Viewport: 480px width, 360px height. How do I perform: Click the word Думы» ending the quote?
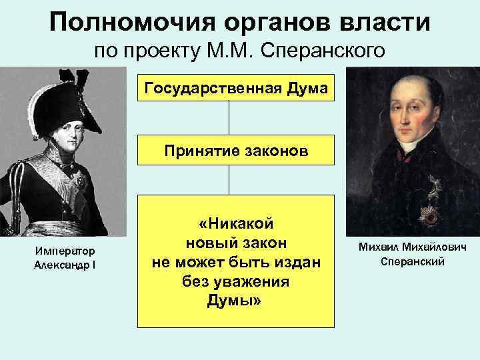pyautogui.click(x=235, y=301)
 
